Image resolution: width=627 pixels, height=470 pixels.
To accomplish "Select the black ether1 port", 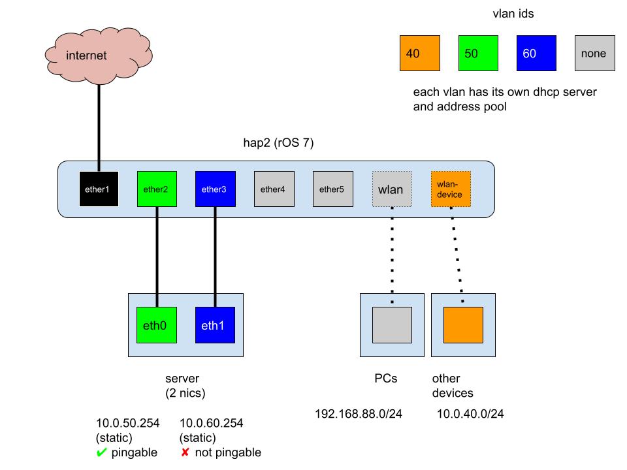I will (x=98, y=189).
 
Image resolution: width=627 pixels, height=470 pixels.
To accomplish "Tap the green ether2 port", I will (x=157, y=189).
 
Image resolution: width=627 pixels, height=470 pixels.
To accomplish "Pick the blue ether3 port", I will (x=216, y=189).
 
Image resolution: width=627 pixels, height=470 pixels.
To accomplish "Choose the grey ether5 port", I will (x=332, y=189).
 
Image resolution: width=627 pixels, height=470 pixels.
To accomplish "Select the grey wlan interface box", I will (x=392, y=189).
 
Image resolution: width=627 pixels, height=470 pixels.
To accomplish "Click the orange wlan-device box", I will (x=451, y=189).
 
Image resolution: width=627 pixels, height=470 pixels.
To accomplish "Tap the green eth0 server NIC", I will (x=157, y=324).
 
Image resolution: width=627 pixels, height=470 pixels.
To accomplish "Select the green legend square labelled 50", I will (x=478, y=54).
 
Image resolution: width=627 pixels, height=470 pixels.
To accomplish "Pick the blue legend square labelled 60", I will (x=536, y=54).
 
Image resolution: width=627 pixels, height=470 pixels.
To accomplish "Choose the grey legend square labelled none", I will (x=594, y=54).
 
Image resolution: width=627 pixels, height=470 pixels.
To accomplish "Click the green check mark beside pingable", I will (x=101, y=453).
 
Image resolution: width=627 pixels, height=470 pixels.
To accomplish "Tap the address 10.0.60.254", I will (x=211, y=423).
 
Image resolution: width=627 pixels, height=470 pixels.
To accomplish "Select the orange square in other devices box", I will (x=464, y=324).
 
